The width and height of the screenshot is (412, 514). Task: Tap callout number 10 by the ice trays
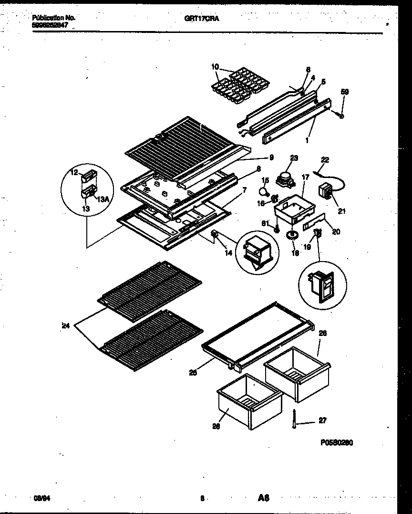tap(215, 66)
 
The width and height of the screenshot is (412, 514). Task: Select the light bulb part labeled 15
tap(262, 191)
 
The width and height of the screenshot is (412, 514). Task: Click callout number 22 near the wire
tap(325, 160)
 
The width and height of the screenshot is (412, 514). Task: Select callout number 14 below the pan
tap(228, 253)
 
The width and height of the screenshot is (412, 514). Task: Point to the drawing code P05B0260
tap(336, 442)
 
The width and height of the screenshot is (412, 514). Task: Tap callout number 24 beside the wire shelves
tap(65, 326)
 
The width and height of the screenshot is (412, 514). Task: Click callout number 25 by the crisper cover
tap(193, 373)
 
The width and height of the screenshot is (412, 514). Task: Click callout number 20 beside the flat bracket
tap(336, 232)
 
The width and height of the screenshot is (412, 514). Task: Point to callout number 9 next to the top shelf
tap(271, 157)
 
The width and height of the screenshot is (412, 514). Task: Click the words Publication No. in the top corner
tap(53, 17)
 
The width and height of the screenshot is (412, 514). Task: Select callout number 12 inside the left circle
tap(74, 173)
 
